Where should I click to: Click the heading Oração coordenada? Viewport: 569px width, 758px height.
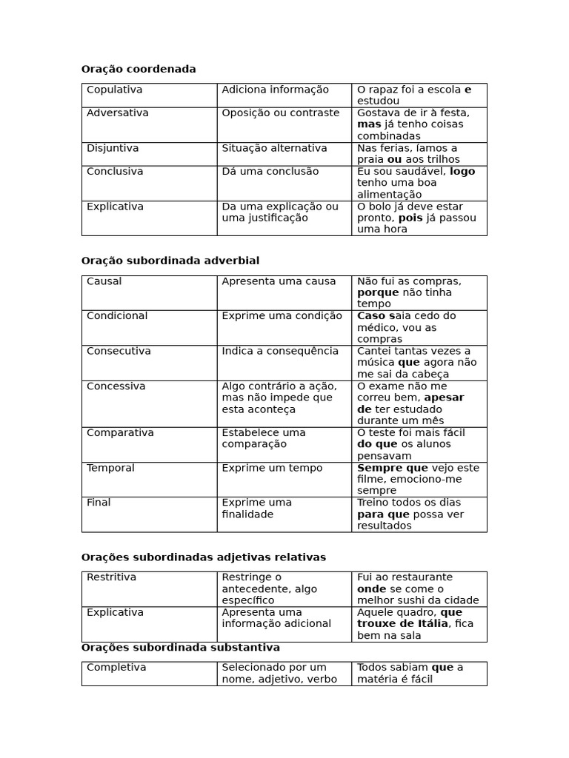[x=139, y=70]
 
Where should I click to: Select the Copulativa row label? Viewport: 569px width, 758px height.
[x=114, y=90]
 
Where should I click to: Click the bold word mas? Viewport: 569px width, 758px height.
[x=369, y=124]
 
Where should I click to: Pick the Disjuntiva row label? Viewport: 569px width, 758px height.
[x=113, y=148]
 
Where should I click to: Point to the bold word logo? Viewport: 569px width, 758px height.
[x=462, y=172]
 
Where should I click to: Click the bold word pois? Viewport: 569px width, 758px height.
[x=410, y=218]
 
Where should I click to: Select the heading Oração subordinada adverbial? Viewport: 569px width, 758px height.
[x=170, y=261]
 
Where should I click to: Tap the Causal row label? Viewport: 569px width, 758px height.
[x=104, y=281]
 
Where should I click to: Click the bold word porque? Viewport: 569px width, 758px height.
[x=378, y=292]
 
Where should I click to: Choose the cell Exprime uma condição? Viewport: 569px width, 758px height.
[x=282, y=316]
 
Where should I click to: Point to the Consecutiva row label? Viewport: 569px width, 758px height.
[x=119, y=351]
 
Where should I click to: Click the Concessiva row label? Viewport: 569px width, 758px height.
[x=116, y=386]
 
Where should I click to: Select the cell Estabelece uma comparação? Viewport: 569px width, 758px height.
[x=263, y=438]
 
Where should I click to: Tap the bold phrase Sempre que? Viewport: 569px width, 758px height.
[x=393, y=468]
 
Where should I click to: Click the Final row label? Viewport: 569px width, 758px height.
[x=99, y=503]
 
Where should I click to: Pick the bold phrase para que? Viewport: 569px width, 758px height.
[x=383, y=514]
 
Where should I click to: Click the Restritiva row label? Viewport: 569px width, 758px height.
[x=111, y=577]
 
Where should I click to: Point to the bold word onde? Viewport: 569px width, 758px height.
[x=371, y=589]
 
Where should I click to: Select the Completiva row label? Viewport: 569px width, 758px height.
[x=116, y=668]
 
